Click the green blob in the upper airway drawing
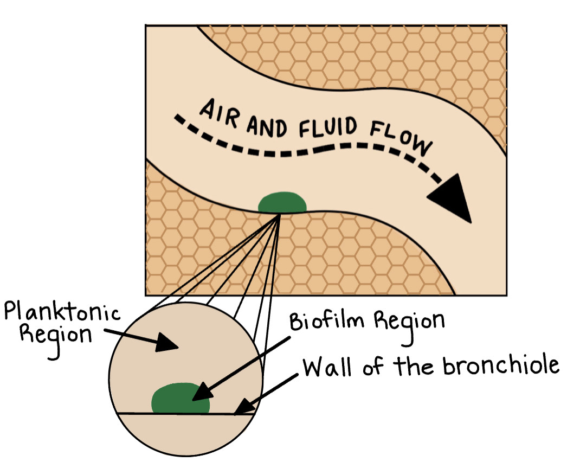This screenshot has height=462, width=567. point(282,204)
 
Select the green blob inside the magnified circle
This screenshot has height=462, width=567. point(181,399)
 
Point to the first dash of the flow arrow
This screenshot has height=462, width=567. point(179,119)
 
